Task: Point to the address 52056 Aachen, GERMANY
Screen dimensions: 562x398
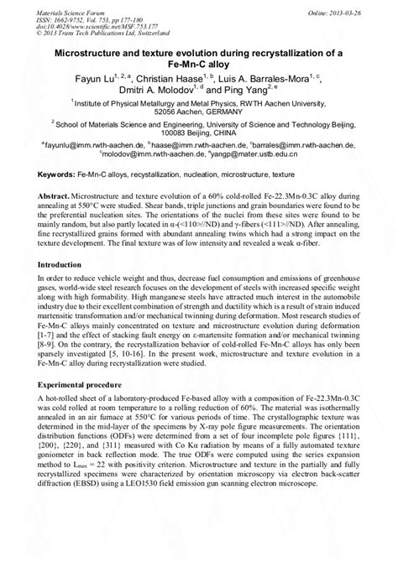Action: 200,133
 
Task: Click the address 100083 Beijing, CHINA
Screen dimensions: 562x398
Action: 200,155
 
